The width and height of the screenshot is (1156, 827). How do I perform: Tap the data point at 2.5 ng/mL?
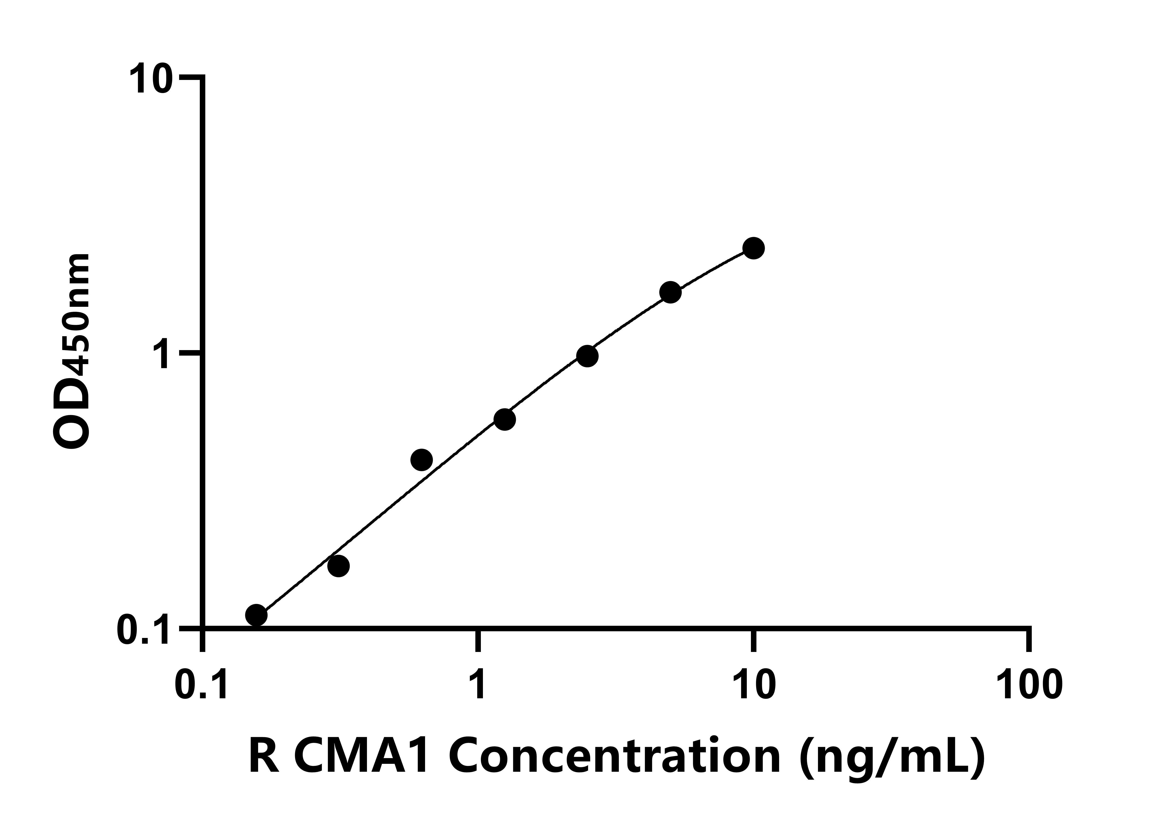click(587, 356)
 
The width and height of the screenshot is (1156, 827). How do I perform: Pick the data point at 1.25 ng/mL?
click(505, 420)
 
